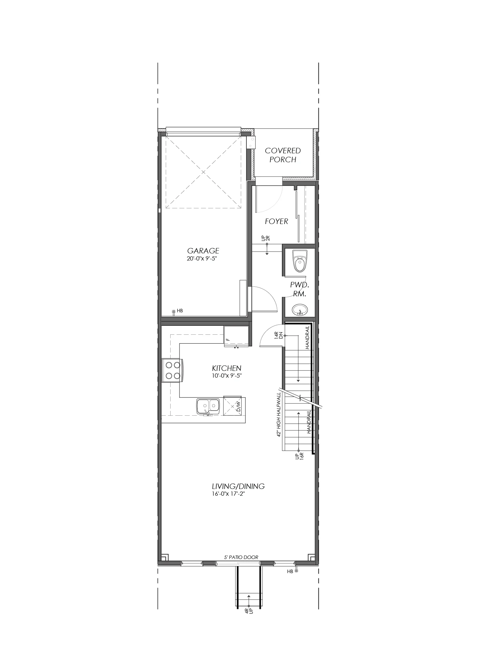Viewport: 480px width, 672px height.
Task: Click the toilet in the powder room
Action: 300,261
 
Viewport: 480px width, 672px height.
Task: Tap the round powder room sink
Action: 300,310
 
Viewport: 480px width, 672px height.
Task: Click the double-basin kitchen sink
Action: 208,407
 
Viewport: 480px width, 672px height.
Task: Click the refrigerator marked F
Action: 236,336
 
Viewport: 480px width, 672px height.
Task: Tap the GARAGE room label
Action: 203,251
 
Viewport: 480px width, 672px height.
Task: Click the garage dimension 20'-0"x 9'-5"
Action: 203,259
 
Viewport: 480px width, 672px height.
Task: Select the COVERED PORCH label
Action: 283,155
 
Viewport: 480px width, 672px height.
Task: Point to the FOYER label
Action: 276,221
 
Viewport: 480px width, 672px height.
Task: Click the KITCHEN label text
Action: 227,368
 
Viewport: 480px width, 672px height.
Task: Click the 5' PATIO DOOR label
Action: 241,557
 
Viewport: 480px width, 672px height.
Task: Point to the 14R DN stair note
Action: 279,336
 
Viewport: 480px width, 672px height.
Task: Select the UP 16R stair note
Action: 299,456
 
